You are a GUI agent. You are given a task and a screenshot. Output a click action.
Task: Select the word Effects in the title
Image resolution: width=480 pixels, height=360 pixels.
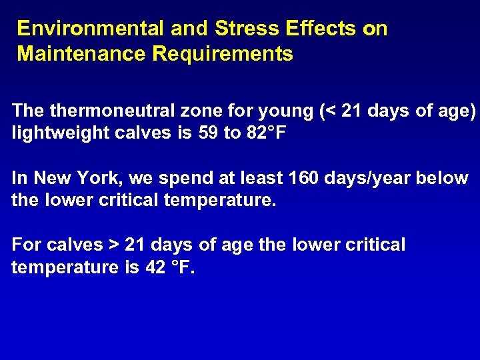(x=320, y=29)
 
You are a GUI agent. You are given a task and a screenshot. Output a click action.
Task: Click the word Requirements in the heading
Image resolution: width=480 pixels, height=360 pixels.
(x=223, y=54)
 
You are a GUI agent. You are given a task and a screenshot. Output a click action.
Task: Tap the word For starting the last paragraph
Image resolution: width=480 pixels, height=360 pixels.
(x=27, y=245)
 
